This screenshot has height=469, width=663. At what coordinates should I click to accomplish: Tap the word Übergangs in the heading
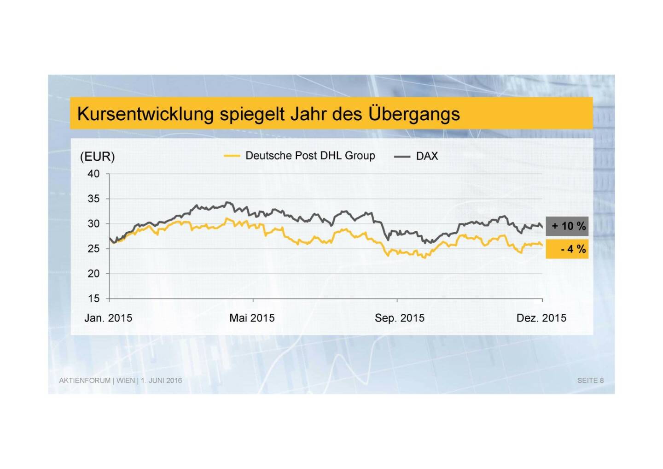[414, 114]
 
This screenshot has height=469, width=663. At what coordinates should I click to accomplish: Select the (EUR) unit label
[97, 157]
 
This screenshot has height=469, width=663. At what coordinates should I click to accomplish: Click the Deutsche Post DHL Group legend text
[310, 156]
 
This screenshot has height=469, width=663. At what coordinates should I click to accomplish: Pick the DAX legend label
[427, 156]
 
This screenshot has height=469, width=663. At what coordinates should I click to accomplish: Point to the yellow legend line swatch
[232, 156]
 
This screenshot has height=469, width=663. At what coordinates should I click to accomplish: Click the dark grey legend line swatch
[402, 157]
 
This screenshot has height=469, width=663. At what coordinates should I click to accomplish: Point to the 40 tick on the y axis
[93, 174]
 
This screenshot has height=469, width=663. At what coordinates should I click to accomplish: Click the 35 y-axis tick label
[93, 199]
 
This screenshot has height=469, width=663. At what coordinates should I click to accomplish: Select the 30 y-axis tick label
[93, 223]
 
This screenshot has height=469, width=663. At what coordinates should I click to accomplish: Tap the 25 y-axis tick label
[93, 248]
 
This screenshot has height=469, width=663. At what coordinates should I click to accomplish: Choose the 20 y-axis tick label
[93, 274]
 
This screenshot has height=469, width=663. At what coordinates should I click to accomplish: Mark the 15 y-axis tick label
[93, 299]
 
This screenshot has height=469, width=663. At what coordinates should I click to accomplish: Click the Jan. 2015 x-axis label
[108, 318]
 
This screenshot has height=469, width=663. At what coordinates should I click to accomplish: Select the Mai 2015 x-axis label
[252, 318]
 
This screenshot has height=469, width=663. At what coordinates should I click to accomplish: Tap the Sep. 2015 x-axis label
[399, 318]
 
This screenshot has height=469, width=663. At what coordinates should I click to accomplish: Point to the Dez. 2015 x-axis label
[541, 318]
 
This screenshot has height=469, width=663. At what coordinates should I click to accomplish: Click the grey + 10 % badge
[567, 226]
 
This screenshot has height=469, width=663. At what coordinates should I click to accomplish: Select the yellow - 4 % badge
[567, 249]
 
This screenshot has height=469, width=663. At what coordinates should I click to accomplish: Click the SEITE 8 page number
[590, 381]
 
